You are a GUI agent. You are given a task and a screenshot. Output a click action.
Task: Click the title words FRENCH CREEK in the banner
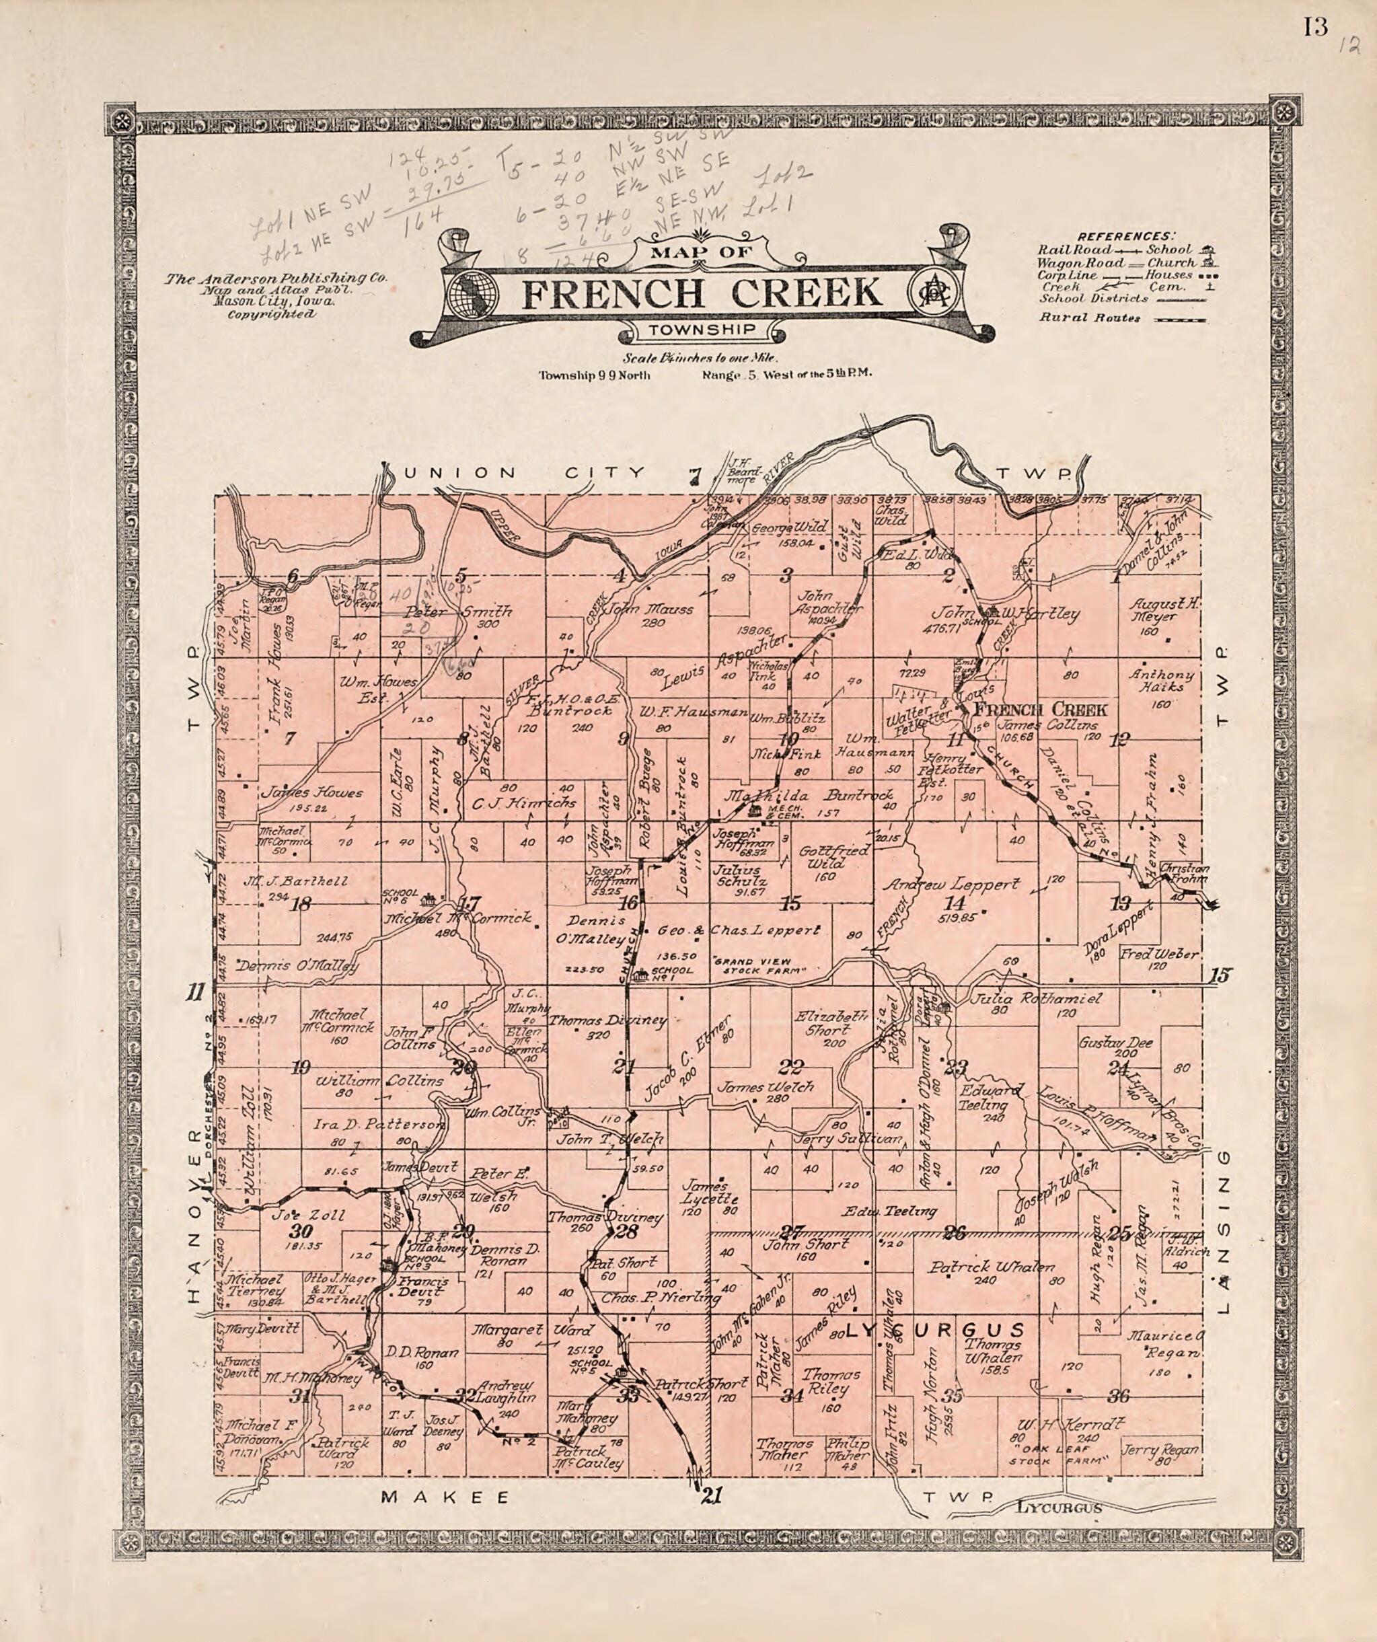[x=702, y=293]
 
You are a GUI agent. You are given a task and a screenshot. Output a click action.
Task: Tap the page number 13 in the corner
[x=1314, y=28]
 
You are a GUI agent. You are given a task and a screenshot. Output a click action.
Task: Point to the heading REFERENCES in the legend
[x=1125, y=236]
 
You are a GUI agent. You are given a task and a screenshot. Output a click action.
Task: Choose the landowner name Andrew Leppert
[x=951, y=885]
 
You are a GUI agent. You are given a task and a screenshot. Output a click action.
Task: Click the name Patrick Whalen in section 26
[x=992, y=1267]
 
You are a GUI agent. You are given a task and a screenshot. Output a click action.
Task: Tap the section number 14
[x=955, y=903]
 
